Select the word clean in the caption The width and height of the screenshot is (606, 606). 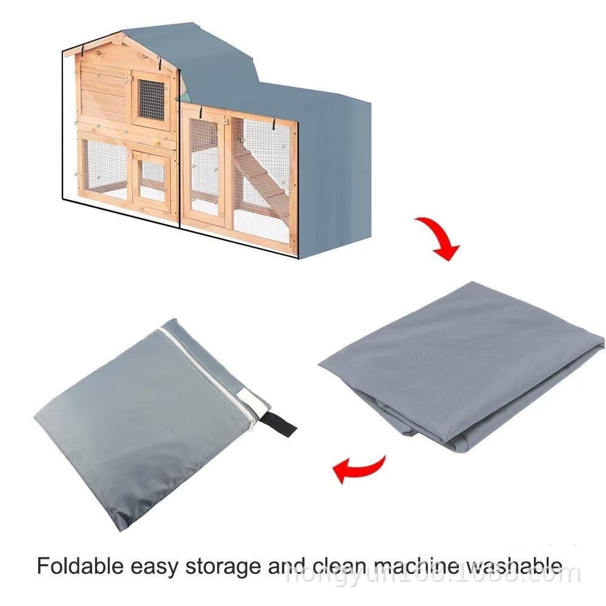coord(338,567)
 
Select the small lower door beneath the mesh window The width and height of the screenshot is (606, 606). coord(151,176)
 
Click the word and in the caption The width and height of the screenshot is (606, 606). coord(286,567)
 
